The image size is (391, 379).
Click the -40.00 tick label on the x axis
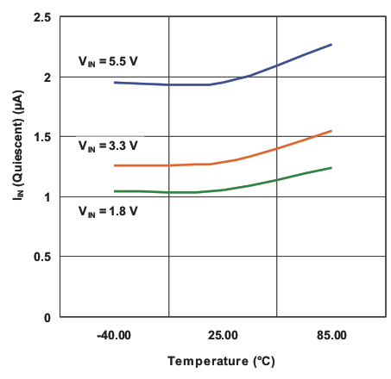pos(114,334)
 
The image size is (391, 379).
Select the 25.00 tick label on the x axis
pos(223,334)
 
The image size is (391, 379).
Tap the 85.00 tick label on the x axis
pos(331,334)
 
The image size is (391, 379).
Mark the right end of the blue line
pos(331,44)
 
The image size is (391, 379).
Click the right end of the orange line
pos(331,131)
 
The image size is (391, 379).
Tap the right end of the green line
pos(331,167)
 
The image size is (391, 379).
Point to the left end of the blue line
pos(114,82)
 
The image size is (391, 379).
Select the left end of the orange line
pos(114,165)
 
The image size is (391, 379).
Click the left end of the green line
pos(114,191)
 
